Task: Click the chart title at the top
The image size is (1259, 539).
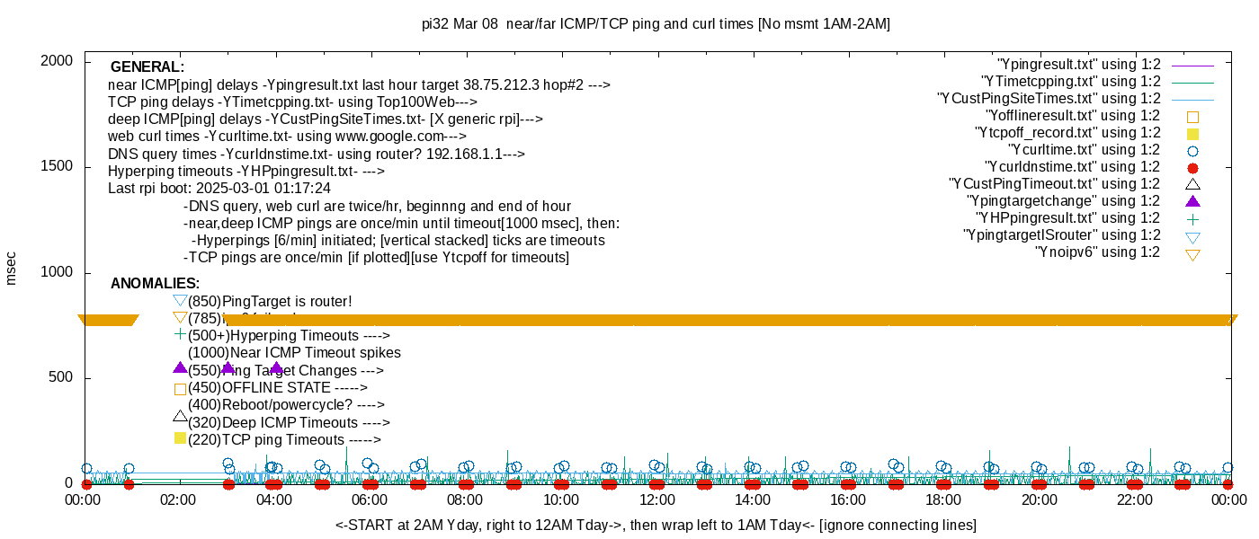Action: (656, 24)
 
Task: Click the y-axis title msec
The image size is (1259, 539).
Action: (12, 268)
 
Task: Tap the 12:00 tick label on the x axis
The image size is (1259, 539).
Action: (656, 499)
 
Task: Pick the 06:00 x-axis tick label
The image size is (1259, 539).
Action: (370, 499)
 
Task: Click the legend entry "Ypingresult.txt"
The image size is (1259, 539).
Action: (1079, 65)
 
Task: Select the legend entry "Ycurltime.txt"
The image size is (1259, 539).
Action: (1084, 150)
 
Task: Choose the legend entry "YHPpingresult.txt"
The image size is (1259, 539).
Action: (1067, 218)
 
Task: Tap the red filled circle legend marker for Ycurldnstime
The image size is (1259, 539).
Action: (1193, 168)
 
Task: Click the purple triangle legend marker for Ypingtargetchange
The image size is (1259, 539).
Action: (1193, 202)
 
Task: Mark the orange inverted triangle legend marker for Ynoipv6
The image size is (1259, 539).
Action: (1193, 254)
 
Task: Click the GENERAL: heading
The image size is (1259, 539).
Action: (147, 67)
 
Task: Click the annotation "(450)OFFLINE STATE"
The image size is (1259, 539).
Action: (277, 388)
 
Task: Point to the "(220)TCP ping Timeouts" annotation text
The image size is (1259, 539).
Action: (284, 440)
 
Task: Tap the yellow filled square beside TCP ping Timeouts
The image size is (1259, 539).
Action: (180, 438)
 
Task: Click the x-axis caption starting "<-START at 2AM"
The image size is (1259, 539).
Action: (656, 525)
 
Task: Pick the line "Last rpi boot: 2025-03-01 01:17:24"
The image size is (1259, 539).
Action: (219, 189)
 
